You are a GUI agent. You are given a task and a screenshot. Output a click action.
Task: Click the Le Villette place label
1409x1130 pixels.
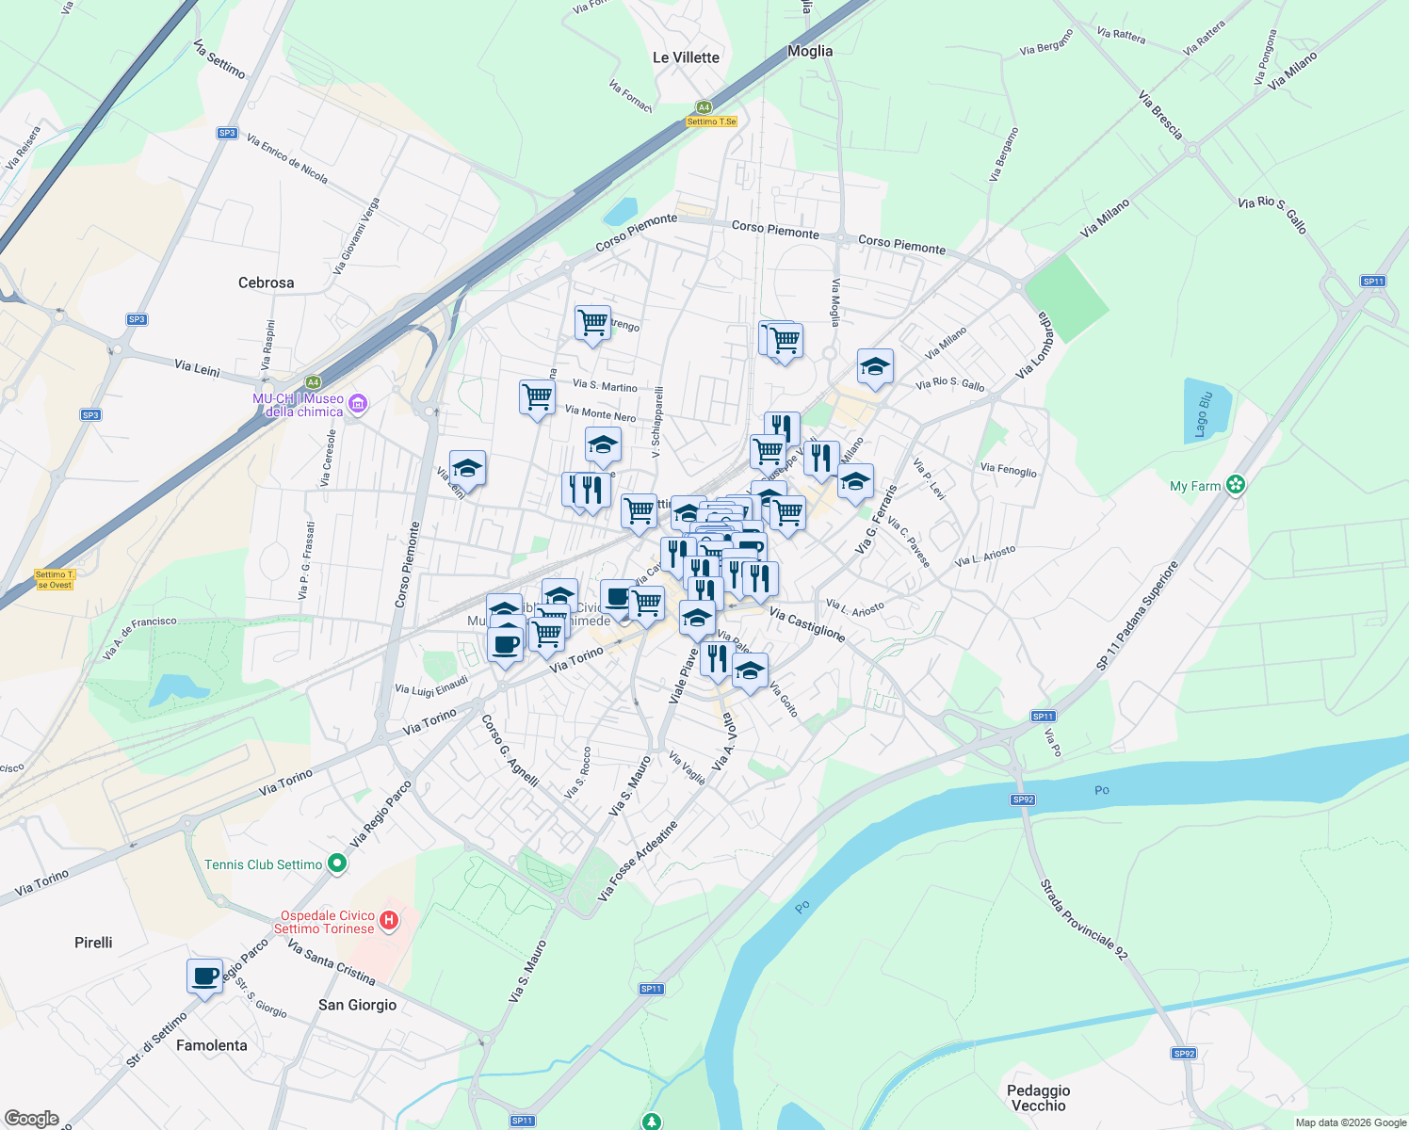686,57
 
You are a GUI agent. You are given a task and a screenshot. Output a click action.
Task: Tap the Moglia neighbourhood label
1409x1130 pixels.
810,51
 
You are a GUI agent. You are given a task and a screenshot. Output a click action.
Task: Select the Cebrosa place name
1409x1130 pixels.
266,282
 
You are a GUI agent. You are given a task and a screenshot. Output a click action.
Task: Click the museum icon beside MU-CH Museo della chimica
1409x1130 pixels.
357,404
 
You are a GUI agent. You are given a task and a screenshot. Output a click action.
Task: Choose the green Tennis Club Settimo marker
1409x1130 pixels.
338,864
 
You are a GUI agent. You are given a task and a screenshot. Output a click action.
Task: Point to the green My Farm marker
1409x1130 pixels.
1236,485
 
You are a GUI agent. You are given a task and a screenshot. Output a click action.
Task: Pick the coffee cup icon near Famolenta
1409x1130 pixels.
204,977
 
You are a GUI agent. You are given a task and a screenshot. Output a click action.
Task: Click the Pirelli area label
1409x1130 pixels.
93,943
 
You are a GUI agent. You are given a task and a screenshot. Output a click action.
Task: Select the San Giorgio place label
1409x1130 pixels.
357,1005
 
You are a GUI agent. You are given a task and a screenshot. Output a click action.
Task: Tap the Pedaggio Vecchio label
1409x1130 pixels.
1038,1098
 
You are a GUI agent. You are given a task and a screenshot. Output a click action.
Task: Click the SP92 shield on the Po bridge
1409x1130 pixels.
1023,799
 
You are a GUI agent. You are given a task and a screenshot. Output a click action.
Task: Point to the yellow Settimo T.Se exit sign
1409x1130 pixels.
711,121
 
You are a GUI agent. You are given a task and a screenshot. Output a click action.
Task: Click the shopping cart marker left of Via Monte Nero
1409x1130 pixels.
537,396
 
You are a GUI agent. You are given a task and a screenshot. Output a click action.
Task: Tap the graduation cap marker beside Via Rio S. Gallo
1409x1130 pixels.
875,367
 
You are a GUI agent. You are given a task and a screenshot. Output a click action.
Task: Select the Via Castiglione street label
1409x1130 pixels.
807,624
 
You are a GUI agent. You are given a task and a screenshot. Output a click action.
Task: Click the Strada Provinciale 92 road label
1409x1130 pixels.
1083,919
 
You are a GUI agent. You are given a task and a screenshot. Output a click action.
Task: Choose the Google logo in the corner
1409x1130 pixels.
31,1119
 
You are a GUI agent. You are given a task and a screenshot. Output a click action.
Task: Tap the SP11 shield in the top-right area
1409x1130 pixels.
1373,282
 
